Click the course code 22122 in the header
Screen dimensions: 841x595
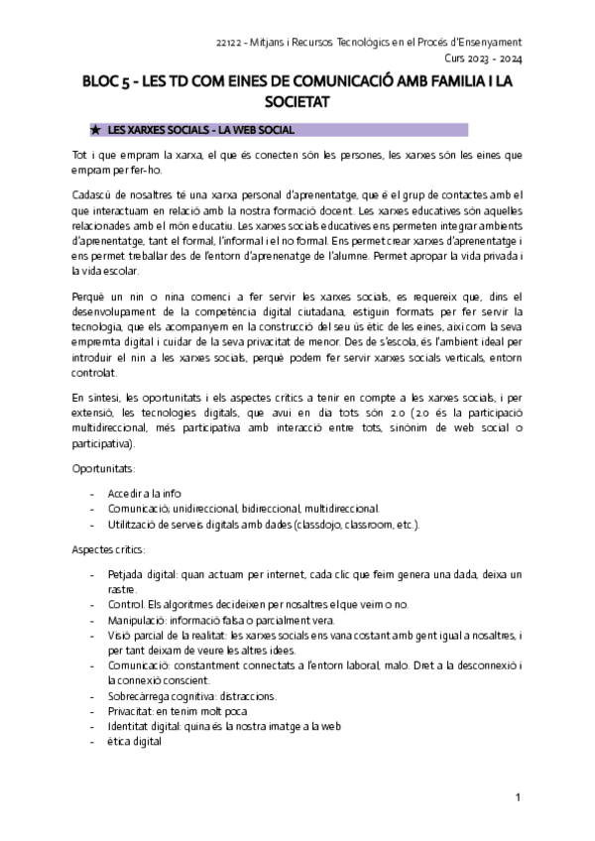pyautogui.click(x=229, y=43)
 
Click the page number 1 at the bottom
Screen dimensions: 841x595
pyautogui.click(x=518, y=797)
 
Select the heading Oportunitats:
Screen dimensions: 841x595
pyautogui.click(x=103, y=466)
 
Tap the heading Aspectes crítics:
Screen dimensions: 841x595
pyautogui.click(x=108, y=548)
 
